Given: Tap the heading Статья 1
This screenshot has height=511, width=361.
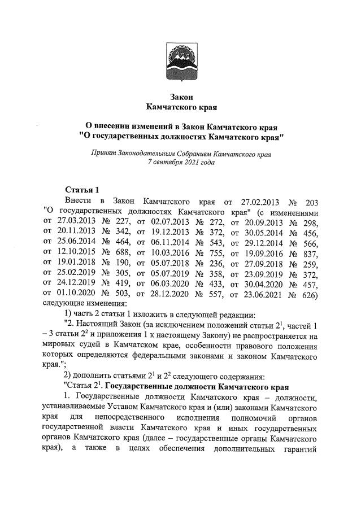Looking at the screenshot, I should point(82,189).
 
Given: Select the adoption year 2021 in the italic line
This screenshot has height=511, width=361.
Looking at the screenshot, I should point(192,162).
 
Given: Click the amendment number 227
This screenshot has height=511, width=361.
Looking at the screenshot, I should point(120,224).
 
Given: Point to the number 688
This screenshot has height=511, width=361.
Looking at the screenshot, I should point(120,259).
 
